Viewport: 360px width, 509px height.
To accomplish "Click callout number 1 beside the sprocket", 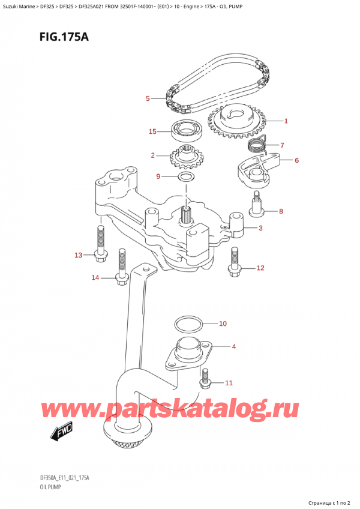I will pyautogui.click(x=286, y=121).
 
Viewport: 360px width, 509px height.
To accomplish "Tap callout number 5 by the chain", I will pyautogui.click(x=147, y=98).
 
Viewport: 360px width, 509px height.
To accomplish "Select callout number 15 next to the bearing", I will pyautogui.click(x=153, y=131).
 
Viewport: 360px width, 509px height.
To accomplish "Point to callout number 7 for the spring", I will pyautogui.click(x=282, y=145).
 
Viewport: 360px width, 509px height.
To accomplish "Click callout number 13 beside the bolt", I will pyautogui.click(x=79, y=256).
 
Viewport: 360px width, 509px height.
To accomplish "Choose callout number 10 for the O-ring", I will pyautogui.click(x=223, y=324).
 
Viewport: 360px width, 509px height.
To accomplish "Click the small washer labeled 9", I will pyautogui.click(x=185, y=177).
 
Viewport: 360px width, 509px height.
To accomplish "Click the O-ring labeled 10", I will pyautogui.click(x=187, y=325).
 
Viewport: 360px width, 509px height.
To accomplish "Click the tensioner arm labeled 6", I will pyautogui.click(x=259, y=167).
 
